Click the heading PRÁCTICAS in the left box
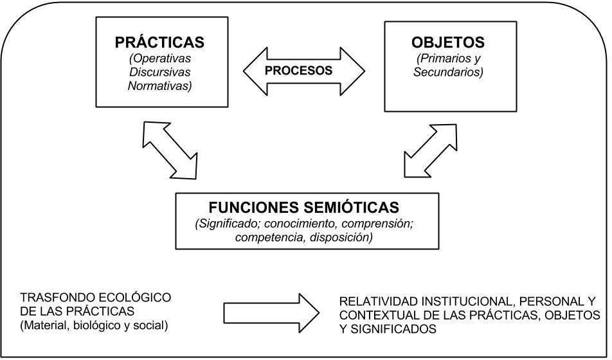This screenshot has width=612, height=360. tap(159, 43)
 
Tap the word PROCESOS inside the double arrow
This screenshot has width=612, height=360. tap(303, 70)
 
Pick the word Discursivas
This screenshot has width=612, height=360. tap(159, 72)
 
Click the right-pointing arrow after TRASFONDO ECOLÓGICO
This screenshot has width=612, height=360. tap(270, 313)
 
